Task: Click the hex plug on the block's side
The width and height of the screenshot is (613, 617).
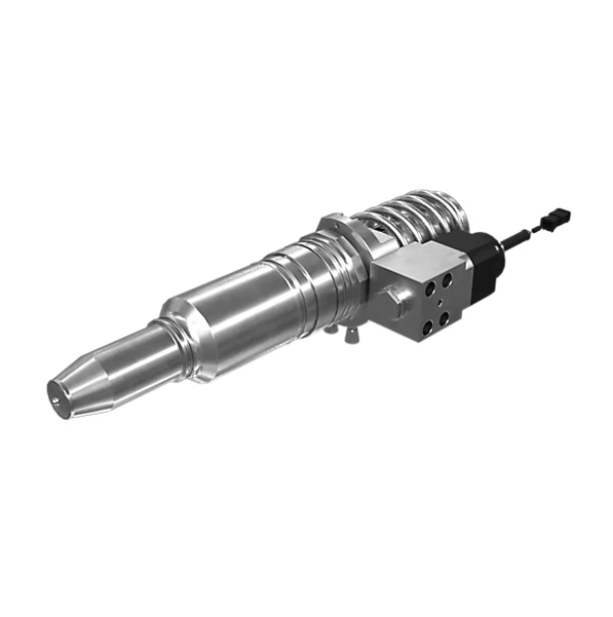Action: coord(396,299)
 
